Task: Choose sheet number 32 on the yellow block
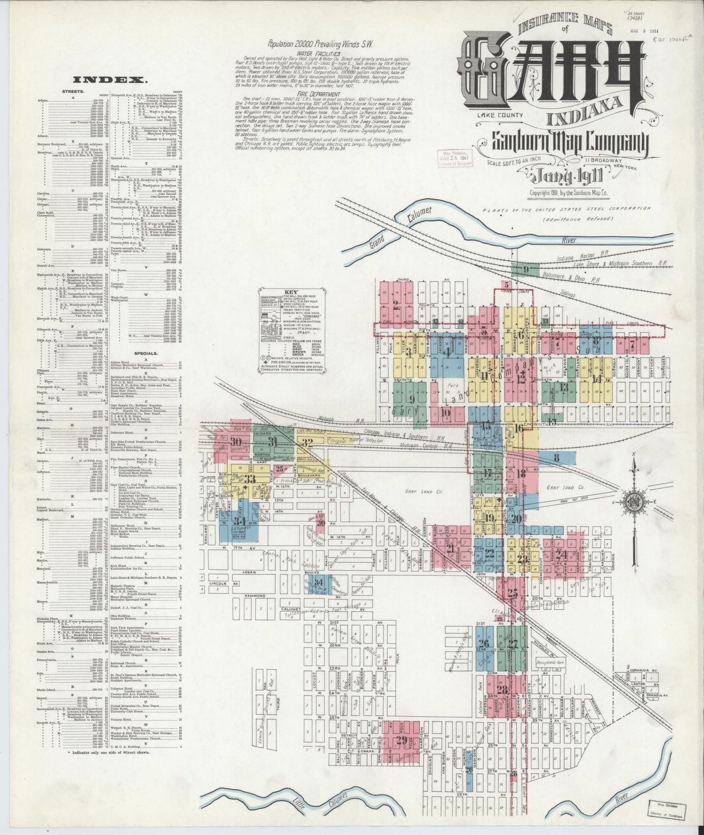point(307,442)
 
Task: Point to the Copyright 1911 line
point(569,193)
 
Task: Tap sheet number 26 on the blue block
point(483,643)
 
